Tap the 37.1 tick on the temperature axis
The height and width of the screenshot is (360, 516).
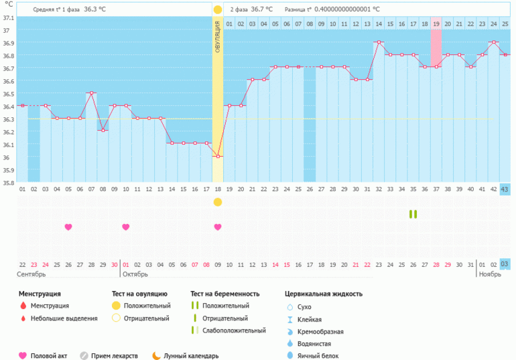[x=7, y=18]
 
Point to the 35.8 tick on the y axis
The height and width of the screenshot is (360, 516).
[x=7, y=182]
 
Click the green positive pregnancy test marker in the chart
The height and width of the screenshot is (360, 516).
[x=413, y=214]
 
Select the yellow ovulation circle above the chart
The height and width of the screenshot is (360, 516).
[x=218, y=9]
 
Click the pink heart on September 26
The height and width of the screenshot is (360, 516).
[x=68, y=227]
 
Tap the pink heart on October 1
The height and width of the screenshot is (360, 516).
[x=126, y=227]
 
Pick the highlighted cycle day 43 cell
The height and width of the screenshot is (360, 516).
[x=505, y=189]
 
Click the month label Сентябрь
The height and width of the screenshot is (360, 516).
[x=31, y=274]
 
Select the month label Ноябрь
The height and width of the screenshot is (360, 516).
[x=491, y=274]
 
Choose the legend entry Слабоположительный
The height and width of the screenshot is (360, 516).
[x=229, y=331]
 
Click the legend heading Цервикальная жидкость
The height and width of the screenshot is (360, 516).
[x=323, y=294]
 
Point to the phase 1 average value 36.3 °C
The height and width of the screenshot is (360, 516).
[x=95, y=9]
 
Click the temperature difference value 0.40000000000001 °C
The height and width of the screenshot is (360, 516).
[x=346, y=9]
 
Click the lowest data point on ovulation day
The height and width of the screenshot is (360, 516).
[x=218, y=156]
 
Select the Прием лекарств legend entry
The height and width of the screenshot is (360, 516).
[x=111, y=356]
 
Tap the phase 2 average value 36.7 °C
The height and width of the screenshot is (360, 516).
[x=262, y=9]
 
